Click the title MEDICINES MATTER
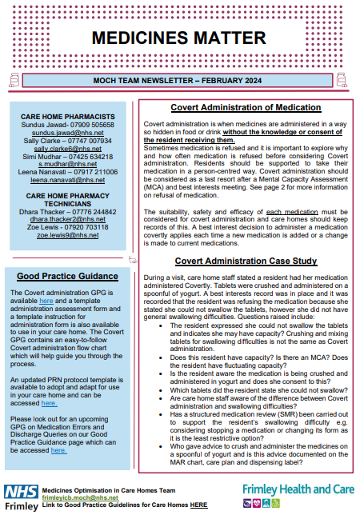coord(178,38)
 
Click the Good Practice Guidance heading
coord(68,277)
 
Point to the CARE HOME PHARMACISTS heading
coord(68,117)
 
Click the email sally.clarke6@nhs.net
coord(68,149)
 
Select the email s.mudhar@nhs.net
coord(68,164)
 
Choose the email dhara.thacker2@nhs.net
coord(68,218)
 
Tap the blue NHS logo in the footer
coord(21,490)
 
